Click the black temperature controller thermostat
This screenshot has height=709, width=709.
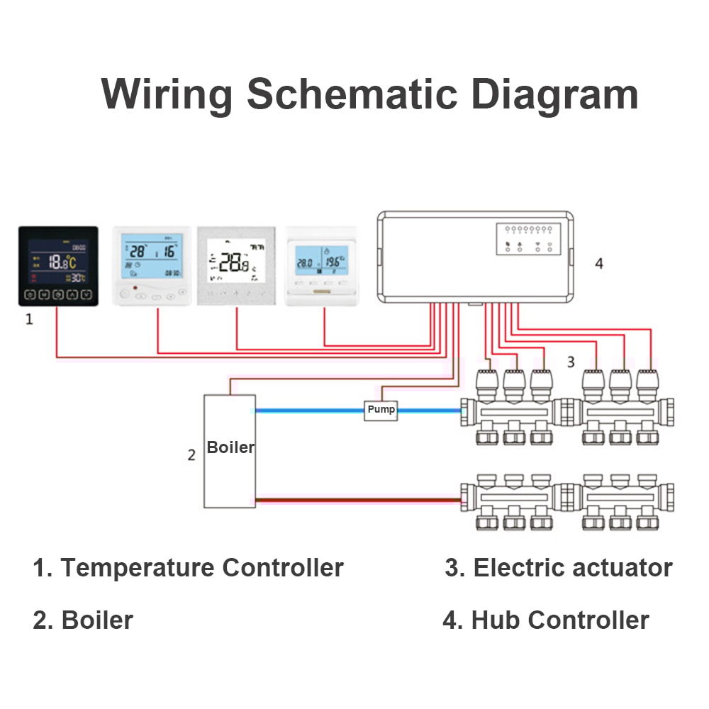(57, 266)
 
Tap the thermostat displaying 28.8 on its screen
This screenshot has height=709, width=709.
(235, 266)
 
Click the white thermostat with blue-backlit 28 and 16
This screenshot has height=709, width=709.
(152, 266)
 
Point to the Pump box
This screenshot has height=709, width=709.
(381, 410)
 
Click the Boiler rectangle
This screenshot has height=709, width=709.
(230, 451)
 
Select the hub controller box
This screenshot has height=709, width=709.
(474, 255)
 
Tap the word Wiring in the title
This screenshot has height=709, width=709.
(167, 94)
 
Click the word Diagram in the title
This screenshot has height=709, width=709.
(555, 94)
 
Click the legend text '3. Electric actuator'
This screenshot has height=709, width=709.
(559, 568)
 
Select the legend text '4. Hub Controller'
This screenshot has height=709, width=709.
(545, 620)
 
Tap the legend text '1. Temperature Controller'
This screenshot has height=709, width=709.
(188, 568)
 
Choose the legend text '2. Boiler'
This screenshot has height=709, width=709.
(83, 620)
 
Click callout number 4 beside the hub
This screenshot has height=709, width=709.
(599, 264)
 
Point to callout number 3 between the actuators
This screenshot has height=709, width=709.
(570, 362)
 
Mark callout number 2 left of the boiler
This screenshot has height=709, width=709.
(191, 455)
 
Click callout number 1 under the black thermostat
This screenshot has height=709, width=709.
(29, 320)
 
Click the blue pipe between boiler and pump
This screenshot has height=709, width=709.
(309, 410)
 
